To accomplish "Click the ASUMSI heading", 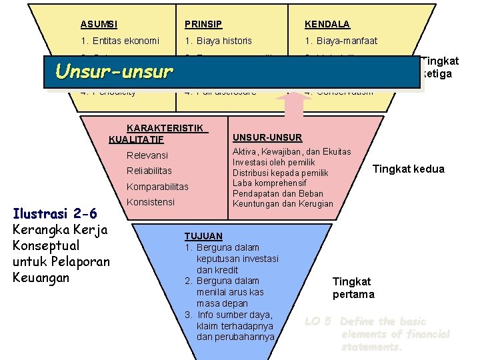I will (x=99, y=25).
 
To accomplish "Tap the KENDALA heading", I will (x=327, y=25).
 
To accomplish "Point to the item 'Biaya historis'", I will (x=219, y=41).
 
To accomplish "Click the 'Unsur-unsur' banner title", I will (x=114, y=71).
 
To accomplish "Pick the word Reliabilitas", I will (x=149, y=171).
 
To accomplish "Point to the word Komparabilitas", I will (x=157, y=187).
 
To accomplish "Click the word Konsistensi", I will (x=151, y=202).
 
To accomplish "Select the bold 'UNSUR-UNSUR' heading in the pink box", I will (x=267, y=138).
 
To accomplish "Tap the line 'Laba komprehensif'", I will (x=269, y=183).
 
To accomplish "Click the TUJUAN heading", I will (x=203, y=236).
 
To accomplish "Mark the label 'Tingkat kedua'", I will (x=408, y=169).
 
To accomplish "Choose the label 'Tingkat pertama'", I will (x=353, y=288).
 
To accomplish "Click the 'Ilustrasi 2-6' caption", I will (x=55, y=214).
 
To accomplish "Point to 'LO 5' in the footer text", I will (x=318, y=321).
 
